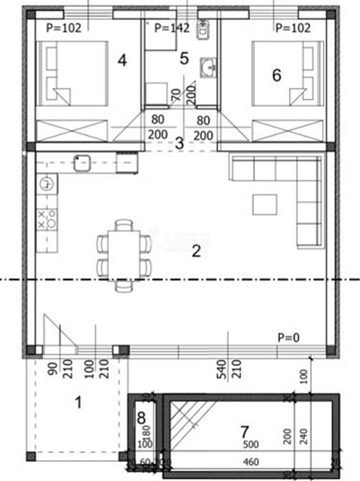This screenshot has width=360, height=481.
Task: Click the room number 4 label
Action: (121, 59)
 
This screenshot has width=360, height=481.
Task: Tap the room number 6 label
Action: (277, 74)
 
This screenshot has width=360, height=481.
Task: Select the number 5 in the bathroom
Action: (183, 57)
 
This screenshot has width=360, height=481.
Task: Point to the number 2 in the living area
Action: (196, 249)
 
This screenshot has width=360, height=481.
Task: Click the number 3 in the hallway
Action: (178, 142)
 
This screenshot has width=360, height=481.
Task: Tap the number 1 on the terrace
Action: (77, 401)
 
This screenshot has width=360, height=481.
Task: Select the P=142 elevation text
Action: (172, 28)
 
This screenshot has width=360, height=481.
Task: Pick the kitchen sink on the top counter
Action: (82, 162)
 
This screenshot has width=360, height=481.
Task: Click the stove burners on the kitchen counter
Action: (47, 218)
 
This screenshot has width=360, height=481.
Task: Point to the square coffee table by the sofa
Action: (265, 203)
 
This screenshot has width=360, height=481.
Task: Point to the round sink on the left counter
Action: (46, 184)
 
